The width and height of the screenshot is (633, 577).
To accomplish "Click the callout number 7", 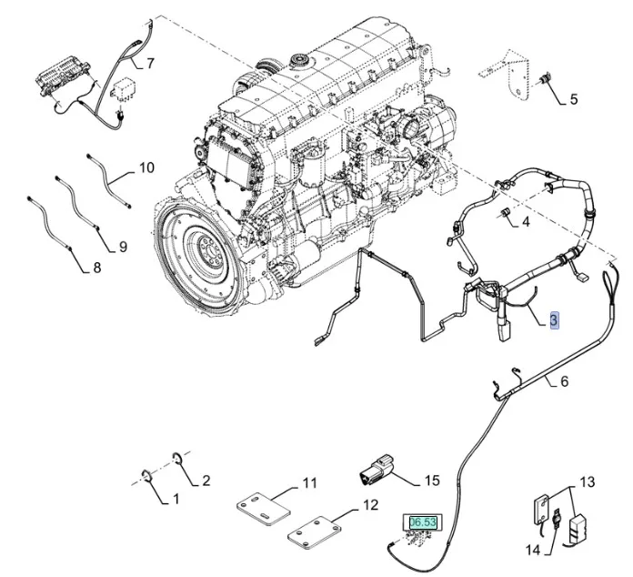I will click(150, 64).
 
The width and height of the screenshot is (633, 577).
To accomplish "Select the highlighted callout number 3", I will click(554, 319).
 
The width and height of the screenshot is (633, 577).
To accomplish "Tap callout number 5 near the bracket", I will click(573, 100).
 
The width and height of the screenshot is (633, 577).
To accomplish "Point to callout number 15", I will click(432, 479).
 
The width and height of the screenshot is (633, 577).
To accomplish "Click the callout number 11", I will click(309, 481).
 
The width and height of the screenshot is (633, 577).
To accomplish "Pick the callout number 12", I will click(370, 504).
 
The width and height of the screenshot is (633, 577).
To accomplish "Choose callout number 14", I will click(533, 550).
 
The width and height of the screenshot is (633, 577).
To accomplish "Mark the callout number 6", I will click(564, 381).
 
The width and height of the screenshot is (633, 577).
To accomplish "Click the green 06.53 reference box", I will click(423, 522).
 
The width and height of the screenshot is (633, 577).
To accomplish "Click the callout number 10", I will click(146, 167).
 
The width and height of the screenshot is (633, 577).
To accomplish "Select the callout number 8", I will click(97, 268).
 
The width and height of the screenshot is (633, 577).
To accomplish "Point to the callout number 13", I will click(587, 481).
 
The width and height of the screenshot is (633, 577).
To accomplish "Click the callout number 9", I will click(122, 246).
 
